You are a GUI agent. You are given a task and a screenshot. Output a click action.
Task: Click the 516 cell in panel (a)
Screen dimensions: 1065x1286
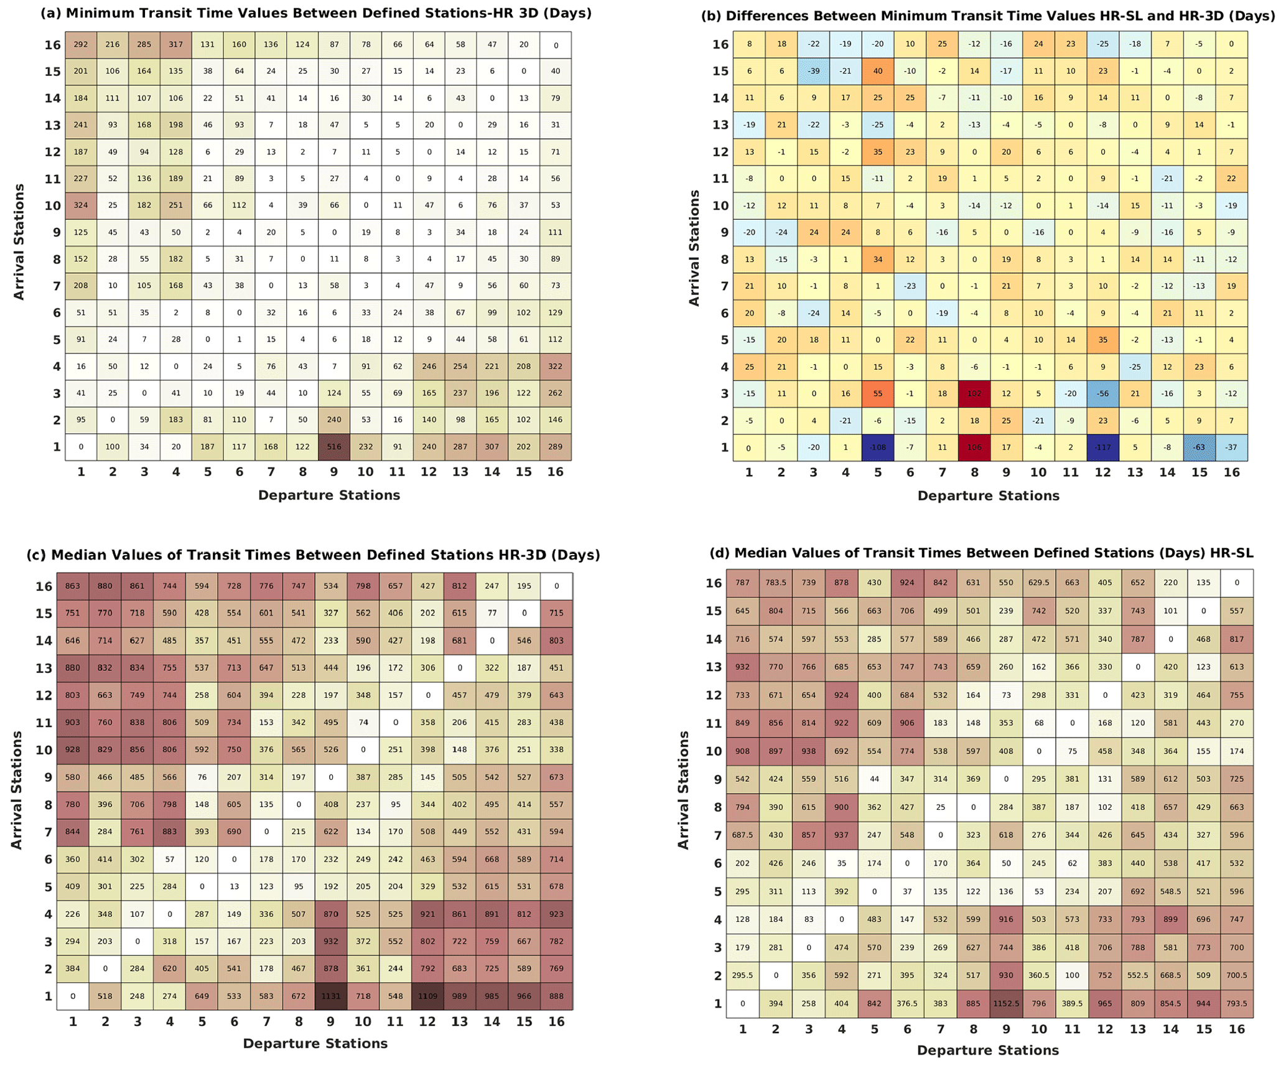click(x=334, y=446)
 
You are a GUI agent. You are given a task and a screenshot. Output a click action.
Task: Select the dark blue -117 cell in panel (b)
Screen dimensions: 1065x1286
click(x=1102, y=447)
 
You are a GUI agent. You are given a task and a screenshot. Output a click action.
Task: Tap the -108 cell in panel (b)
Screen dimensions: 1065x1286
click(x=877, y=447)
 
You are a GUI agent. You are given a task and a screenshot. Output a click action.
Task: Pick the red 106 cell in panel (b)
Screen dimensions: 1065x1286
click(x=974, y=447)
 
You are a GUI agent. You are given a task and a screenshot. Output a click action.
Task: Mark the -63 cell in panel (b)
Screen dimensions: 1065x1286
click(x=1199, y=447)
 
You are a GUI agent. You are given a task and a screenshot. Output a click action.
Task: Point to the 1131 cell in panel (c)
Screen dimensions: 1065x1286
click(x=331, y=996)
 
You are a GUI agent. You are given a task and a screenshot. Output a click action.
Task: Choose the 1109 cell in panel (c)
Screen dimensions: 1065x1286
click(x=427, y=996)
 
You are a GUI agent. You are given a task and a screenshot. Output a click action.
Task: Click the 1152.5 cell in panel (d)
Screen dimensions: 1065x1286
click(x=1006, y=1003)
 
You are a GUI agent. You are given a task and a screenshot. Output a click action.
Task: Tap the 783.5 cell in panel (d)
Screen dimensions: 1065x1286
click(x=775, y=583)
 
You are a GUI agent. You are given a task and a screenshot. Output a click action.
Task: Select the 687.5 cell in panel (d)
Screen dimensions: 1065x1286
click(x=742, y=835)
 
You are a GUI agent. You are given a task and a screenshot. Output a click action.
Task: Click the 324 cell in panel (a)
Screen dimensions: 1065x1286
click(x=81, y=205)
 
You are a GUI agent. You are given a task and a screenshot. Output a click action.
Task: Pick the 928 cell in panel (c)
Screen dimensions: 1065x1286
click(x=73, y=749)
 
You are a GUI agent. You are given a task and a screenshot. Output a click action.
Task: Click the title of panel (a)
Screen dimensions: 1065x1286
click(x=316, y=13)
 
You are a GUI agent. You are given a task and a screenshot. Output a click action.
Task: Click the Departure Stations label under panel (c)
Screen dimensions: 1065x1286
click(x=315, y=1044)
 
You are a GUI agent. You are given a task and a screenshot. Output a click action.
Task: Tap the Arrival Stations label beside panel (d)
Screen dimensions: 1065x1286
click(x=684, y=790)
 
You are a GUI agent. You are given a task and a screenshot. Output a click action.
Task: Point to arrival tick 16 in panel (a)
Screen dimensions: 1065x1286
click(x=52, y=45)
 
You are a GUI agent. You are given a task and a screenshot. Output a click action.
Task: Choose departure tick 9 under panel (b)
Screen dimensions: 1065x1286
click(x=1006, y=472)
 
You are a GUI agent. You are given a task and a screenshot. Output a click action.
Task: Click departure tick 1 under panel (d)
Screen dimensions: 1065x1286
click(x=742, y=1030)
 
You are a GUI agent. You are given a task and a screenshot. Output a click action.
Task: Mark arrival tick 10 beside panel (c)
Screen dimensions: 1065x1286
click(x=44, y=750)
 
